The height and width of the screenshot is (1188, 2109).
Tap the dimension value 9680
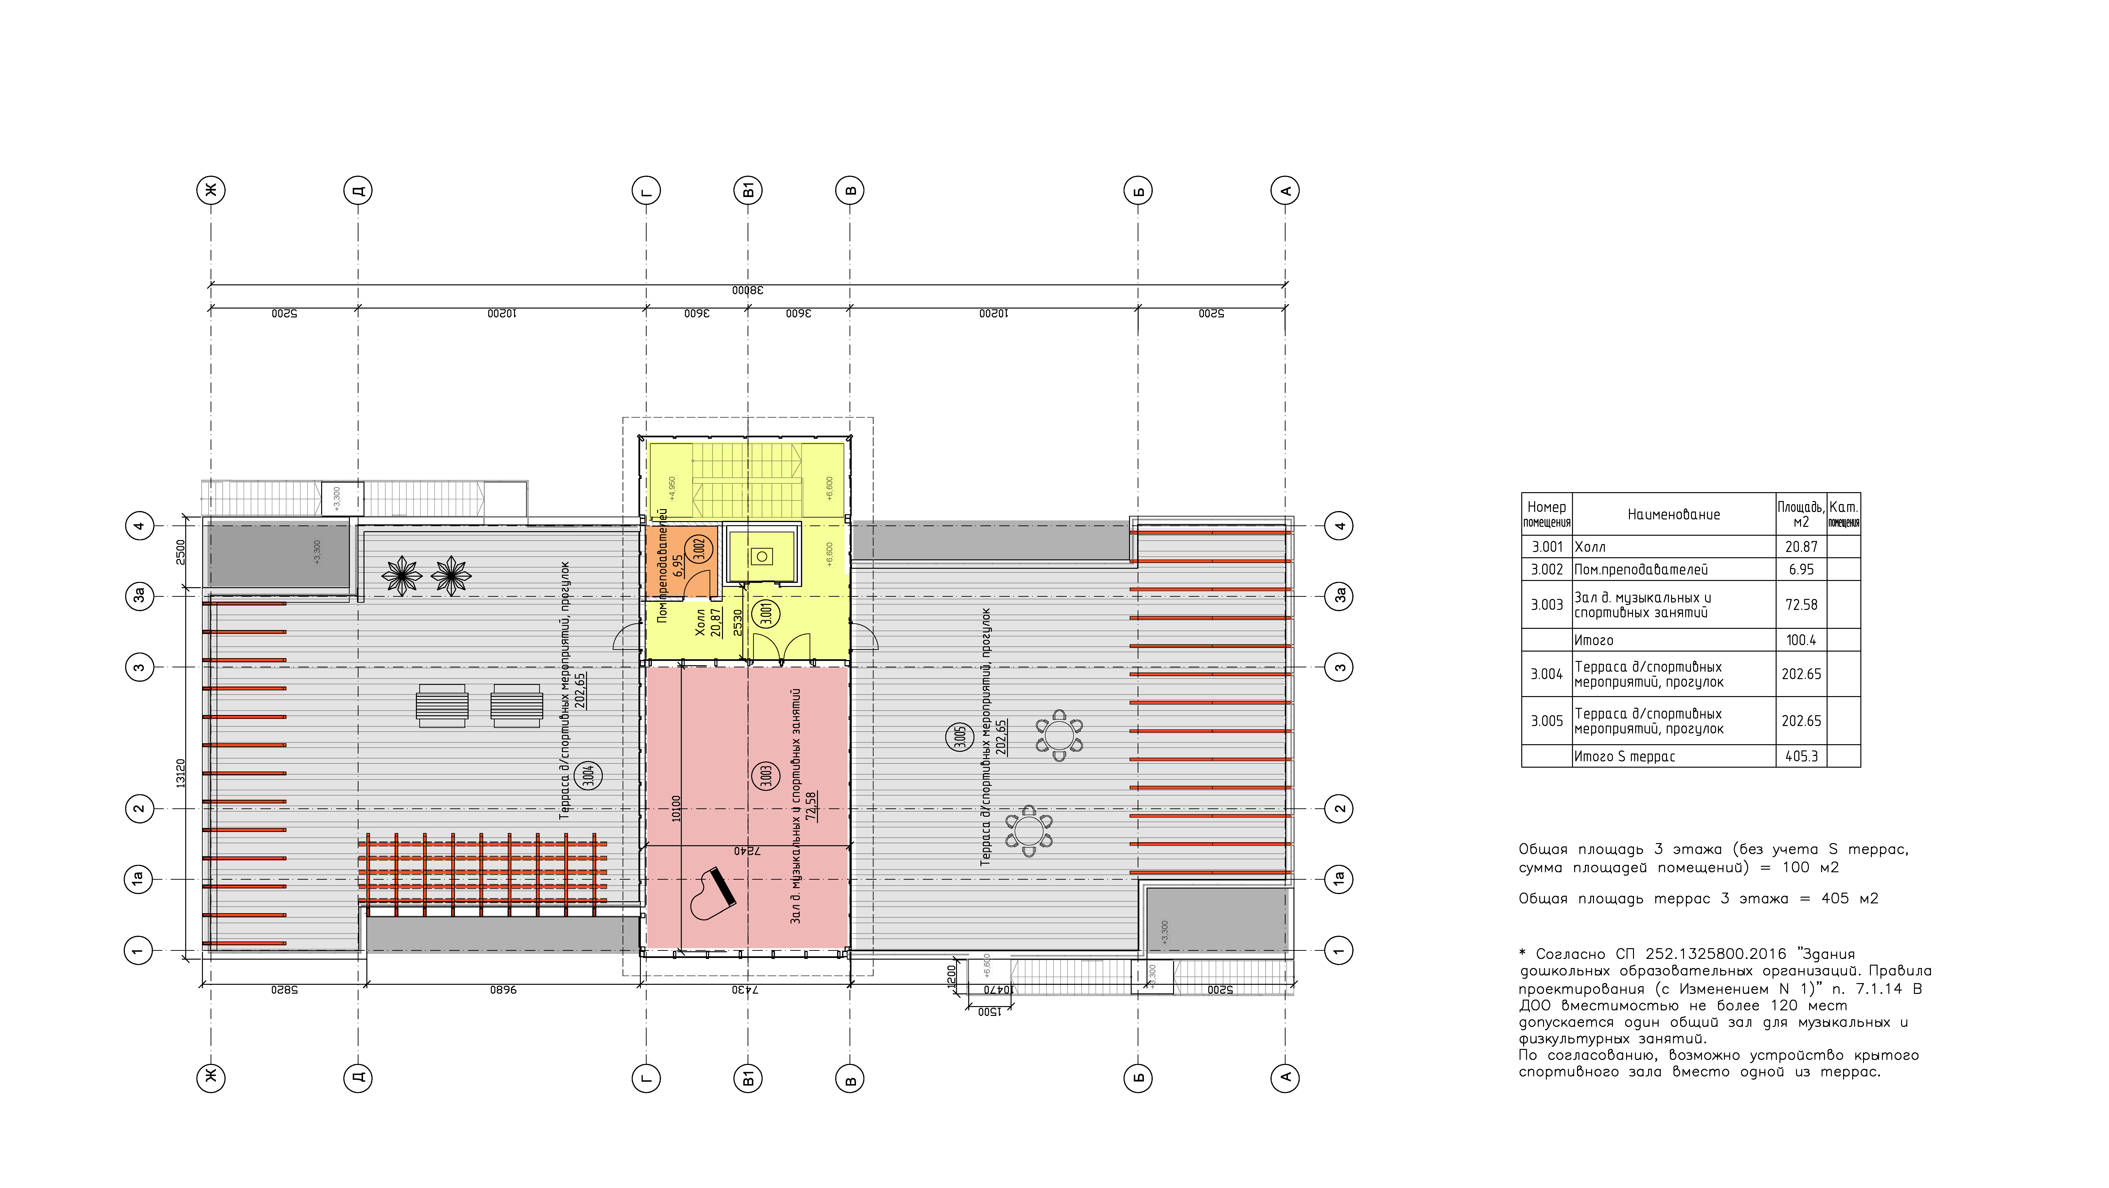click(x=503, y=990)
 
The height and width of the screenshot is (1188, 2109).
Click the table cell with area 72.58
click(x=1800, y=605)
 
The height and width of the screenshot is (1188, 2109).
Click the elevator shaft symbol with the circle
click(x=762, y=557)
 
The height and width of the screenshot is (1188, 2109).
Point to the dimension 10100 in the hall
click(x=676, y=808)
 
